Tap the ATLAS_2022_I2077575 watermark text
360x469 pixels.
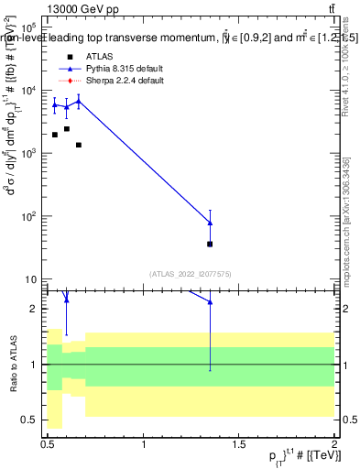pyautogui.click(x=190, y=273)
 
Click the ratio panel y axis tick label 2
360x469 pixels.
pyautogui.click(x=36, y=309)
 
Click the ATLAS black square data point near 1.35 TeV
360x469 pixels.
pyautogui.click(x=210, y=244)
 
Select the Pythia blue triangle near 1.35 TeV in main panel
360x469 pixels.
pyautogui.click(x=210, y=223)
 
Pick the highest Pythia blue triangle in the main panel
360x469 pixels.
pyautogui.click(x=79, y=101)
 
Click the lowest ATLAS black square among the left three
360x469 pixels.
pyautogui.click(x=79, y=145)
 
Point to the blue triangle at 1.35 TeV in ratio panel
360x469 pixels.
pyautogui.click(x=210, y=301)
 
